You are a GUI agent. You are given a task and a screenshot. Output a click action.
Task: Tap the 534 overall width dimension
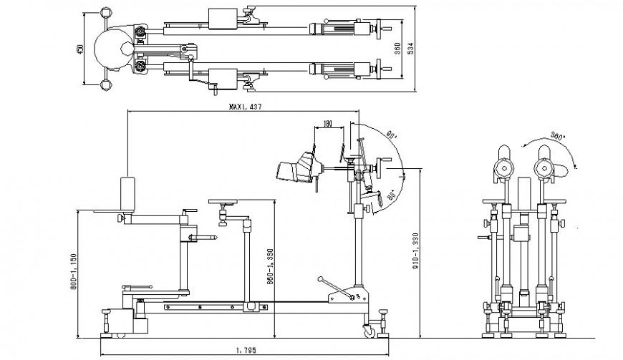click(412, 47)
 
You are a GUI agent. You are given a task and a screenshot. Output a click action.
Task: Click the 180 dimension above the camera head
click(328, 124)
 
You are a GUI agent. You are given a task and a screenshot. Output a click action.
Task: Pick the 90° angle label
click(391, 134)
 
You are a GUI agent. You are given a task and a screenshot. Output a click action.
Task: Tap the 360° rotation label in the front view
click(558, 135)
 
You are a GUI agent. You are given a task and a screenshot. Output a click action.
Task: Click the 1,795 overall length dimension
click(244, 351)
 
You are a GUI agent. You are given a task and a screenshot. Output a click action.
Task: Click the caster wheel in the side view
click(370, 330)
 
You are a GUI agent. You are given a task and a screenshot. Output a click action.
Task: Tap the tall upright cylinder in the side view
click(127, 195)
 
